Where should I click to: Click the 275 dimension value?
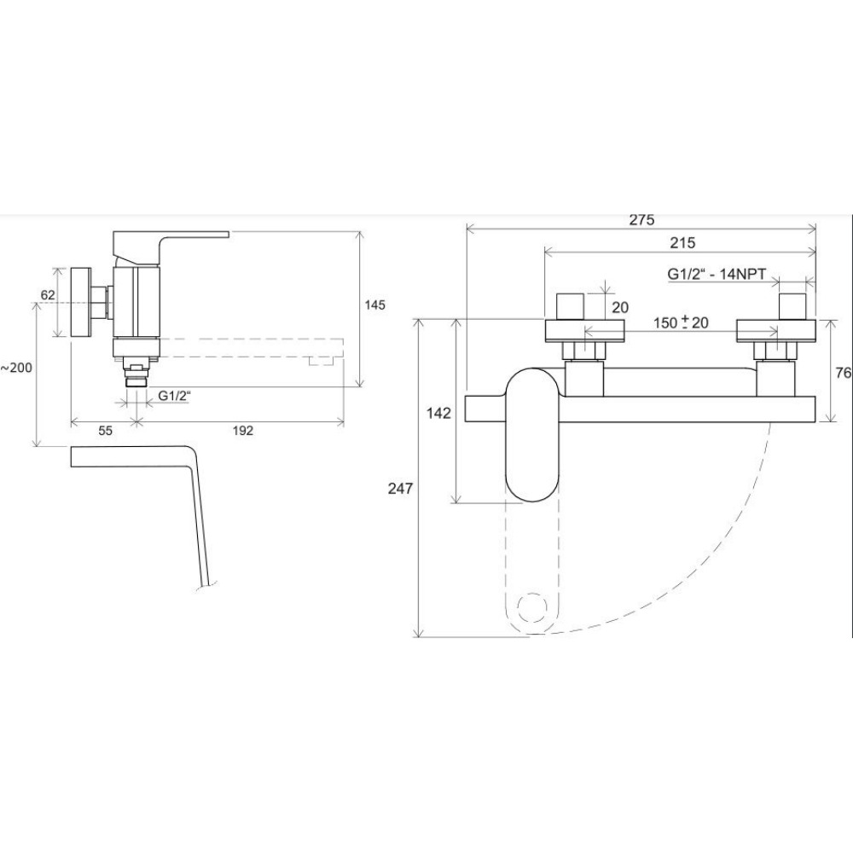642,220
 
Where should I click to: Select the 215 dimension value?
682,242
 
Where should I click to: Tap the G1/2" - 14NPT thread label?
717,274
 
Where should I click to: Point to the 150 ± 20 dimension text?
681,322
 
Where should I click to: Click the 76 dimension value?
843,374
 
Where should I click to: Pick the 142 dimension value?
438,414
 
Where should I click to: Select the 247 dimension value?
400,489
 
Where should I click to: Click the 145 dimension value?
374,305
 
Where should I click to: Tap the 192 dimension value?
242,430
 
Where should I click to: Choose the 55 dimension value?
105,430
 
